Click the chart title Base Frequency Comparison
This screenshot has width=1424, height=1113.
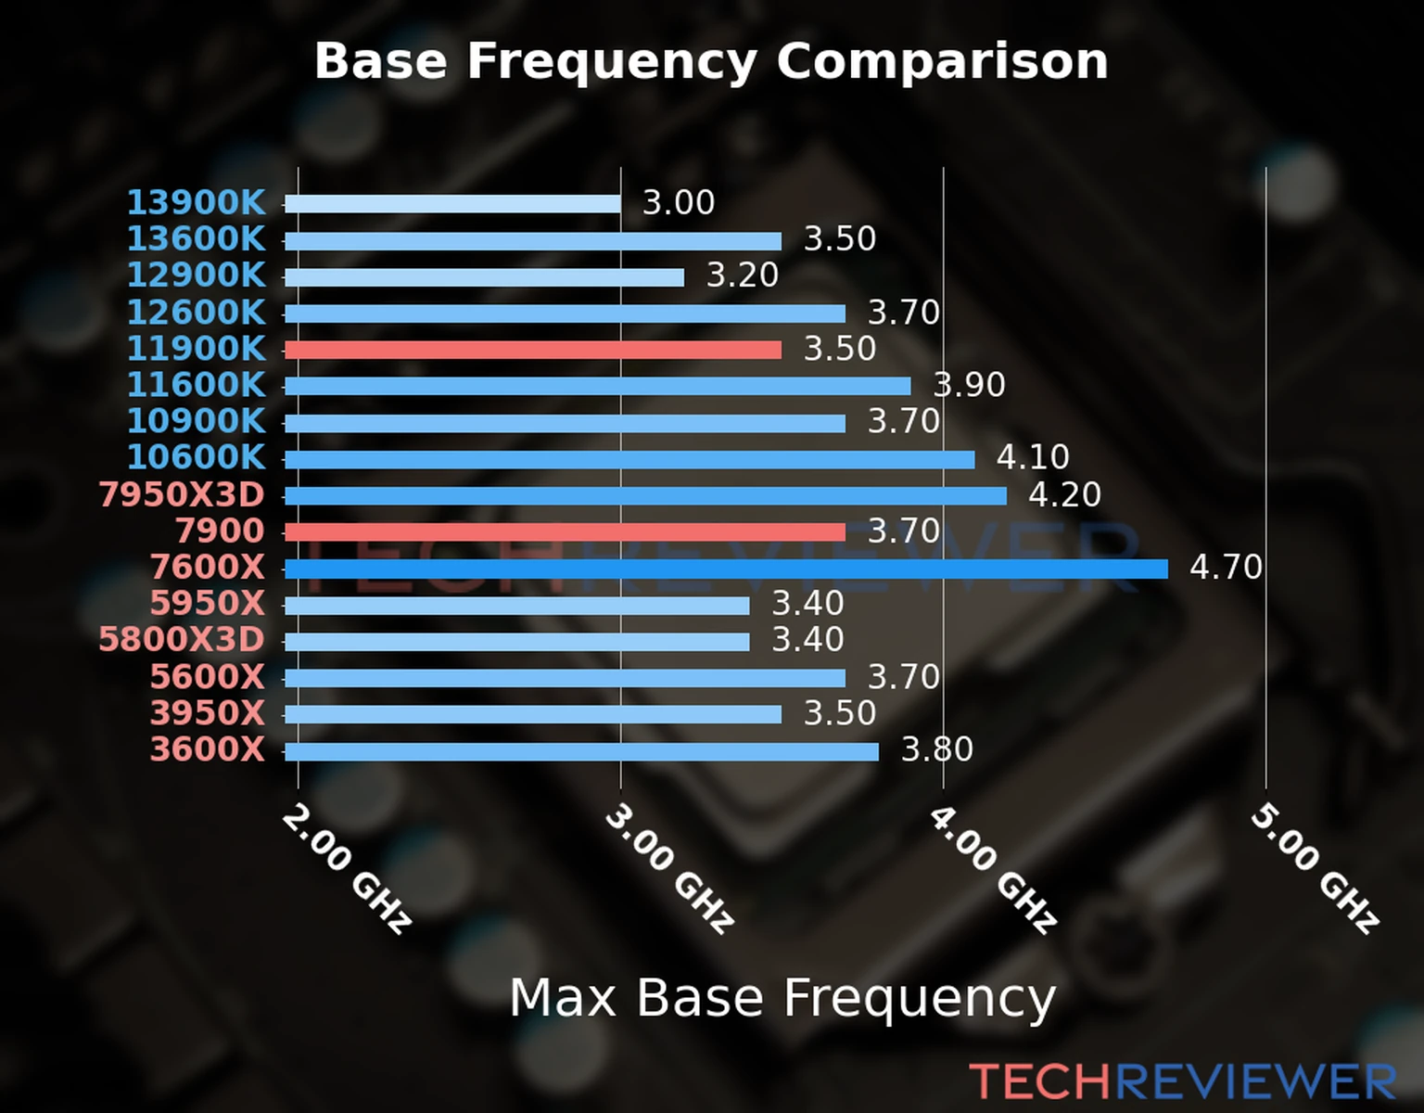711,61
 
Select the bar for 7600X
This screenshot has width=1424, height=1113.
726,569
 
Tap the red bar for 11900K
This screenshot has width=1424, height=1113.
532,350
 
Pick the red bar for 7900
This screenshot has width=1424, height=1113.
565,531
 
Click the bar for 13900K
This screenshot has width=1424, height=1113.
452,204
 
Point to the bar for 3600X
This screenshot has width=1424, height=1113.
581,751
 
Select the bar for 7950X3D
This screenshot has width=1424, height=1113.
645,495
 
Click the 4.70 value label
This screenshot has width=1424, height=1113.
1226,567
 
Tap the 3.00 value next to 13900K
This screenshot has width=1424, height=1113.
679,202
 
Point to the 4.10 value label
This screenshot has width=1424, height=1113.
1033,457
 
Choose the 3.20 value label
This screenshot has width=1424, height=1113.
743,275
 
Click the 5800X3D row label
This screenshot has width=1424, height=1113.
182,640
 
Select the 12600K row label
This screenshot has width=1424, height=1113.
196,313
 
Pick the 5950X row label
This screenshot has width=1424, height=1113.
207,604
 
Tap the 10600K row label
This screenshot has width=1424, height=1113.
196,457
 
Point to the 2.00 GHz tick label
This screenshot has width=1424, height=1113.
346,868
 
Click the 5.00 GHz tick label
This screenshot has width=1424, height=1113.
1315,868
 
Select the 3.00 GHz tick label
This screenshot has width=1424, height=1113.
669,868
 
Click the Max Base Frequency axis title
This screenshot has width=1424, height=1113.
782,998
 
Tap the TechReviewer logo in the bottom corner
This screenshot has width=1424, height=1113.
1182,1081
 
